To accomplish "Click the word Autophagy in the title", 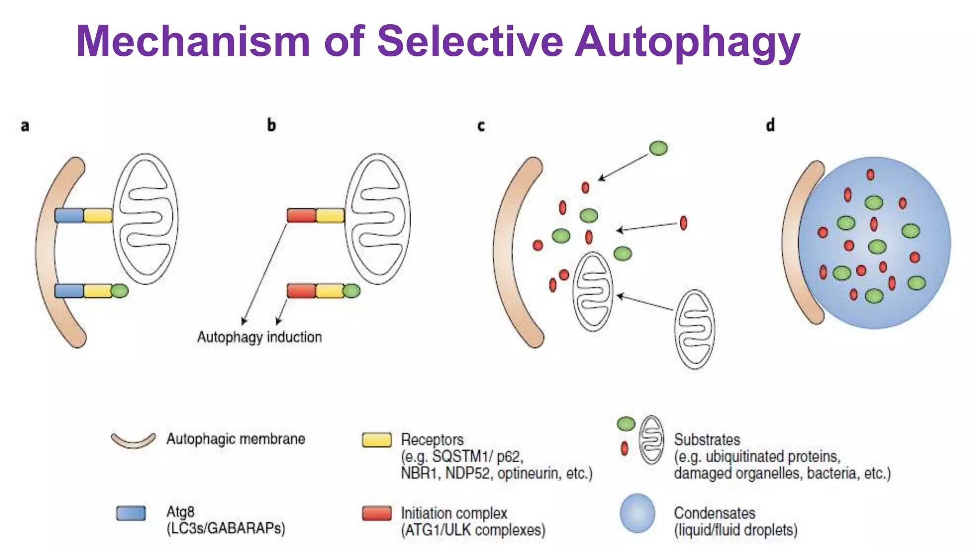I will click(687, 42).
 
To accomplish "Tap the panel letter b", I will click(271, 125).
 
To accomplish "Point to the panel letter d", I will click(770, 125).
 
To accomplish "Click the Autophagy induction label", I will click(260, 337).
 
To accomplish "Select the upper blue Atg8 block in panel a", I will click(69, 215).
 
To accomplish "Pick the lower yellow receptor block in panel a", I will click(98, 291).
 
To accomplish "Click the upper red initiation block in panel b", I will click(301, 215).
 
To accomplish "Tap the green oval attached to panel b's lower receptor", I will click(352, 291).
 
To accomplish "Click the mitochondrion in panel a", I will click(146, 219).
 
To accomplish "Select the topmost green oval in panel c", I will click(658, 148).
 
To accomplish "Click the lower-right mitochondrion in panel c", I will click(695, 329).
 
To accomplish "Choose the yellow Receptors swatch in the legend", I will click(376, 440).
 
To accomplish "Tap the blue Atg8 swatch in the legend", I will click(131, 513).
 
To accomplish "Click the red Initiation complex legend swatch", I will click(376, 513).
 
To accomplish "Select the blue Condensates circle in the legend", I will click(637, 513).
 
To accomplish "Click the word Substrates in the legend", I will click(707, 440).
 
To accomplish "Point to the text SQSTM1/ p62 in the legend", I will click(477, 457).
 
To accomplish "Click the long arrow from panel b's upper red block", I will click(265, 272).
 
